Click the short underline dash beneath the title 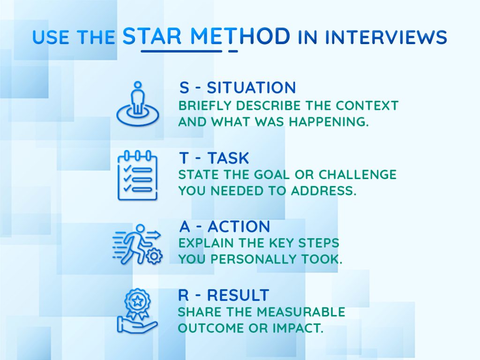232,51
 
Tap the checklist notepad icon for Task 137,175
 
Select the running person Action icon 136,244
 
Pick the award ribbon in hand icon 137,311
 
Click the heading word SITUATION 251,88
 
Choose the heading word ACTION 239,227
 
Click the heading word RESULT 238,295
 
